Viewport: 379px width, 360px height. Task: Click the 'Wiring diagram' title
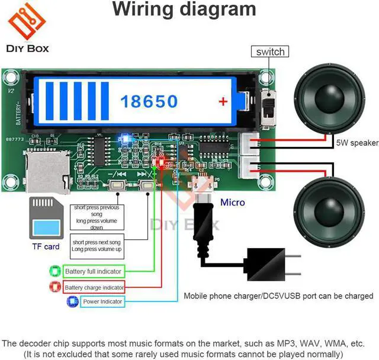pos(184,11)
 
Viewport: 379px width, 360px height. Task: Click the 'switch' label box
pos(270,52)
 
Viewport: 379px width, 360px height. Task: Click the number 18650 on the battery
pos(149,101)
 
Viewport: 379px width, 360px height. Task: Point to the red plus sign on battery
pos(223,102)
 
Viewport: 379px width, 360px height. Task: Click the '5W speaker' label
pos(356,143)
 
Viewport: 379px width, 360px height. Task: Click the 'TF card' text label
pos(46,246)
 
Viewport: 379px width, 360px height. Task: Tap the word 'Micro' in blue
pos(233,202)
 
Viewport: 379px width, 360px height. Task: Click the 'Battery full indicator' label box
pos(94,272)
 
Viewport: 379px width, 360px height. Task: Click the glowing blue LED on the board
pos(125,140)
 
